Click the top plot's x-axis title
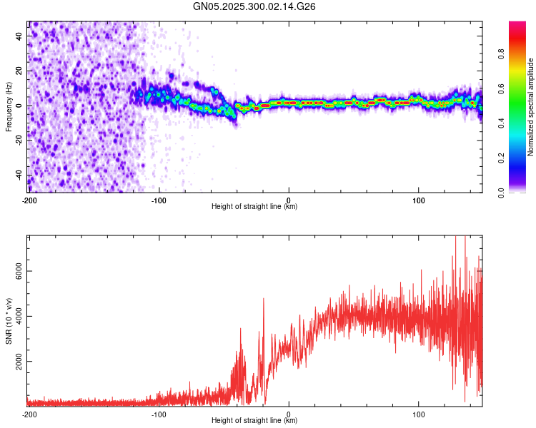(x=254, y=207)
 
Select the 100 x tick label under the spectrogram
(x=419, y=200)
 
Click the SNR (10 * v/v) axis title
(x=9, y=321)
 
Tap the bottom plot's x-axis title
(x=254, y=421)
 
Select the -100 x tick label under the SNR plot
(x=159, y=414)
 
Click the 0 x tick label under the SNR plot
(x=289, y=414)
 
